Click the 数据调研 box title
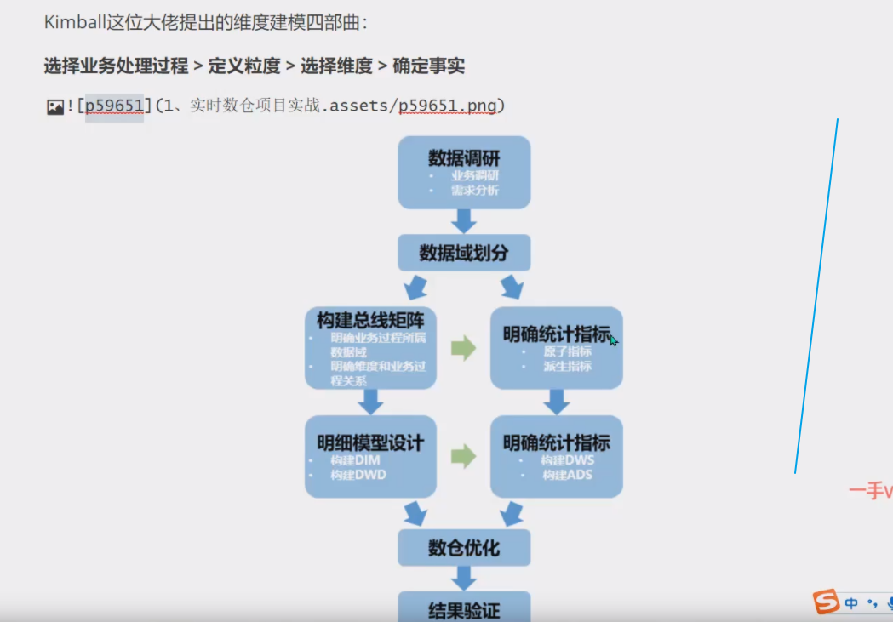coord(464,158)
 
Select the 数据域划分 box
coord(464,254)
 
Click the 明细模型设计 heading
coord(370,442)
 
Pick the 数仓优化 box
coord(464,548)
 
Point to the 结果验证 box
coord(464,609)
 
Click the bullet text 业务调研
coord(475,176)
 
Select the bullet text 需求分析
coord(475,191)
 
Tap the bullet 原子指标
coord(567,351)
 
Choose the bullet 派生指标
coord(567,367)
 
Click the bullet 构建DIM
coord(356,460)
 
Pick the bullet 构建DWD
coord(358,475)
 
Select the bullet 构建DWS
coord(568,460)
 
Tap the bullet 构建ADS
coord(567,475)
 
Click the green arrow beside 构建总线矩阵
coord(463,347)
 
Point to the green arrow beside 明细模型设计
coord(463,456)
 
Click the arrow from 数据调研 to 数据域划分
coord(464,221)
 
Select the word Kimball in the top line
coord(75,22)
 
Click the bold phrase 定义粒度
coord(244,66)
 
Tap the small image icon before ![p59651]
coord(55,106)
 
